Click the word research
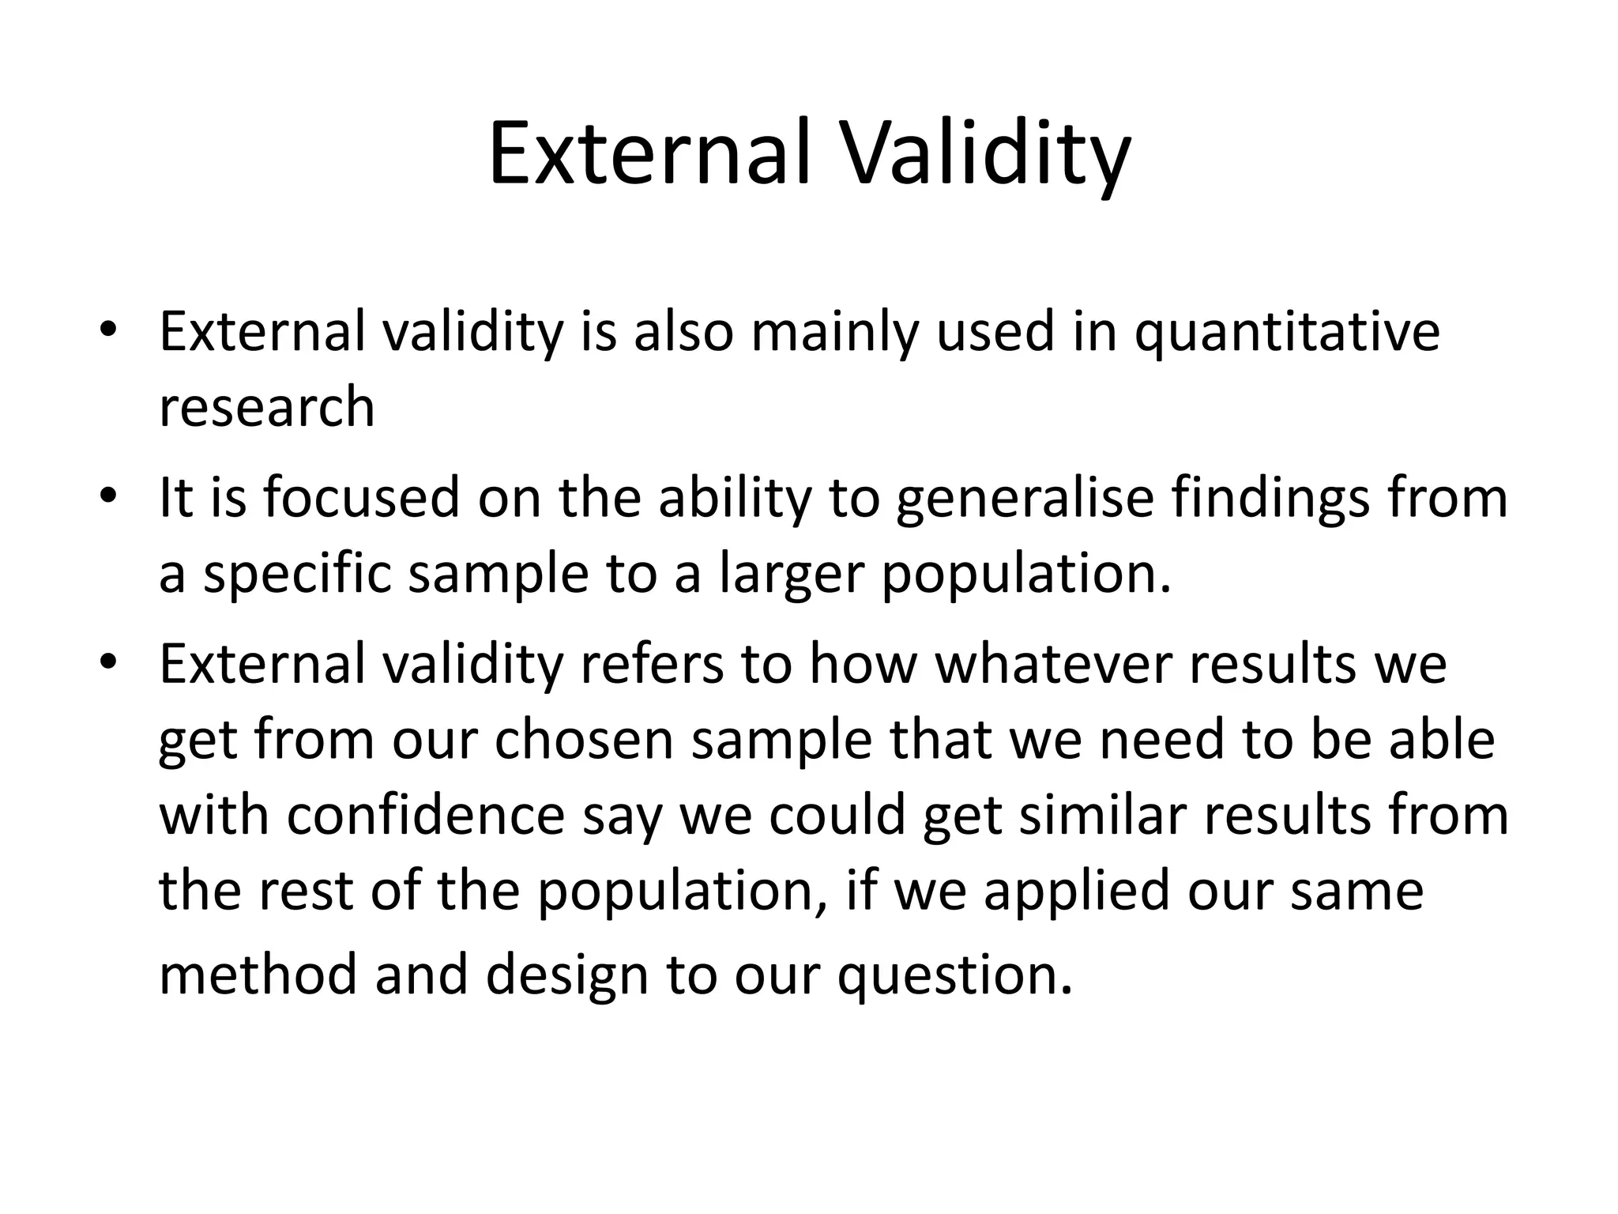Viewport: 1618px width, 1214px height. pyautogui.click(x=267, y=408)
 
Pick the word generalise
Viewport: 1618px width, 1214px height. pyautogui.click(x=1024, y=500)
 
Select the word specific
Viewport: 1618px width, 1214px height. pyautogui.click(x=297, y=575)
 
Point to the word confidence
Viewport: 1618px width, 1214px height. pyautogui.click(x=425, y=816)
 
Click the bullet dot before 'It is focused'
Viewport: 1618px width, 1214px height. pyautogui.click(x=109, y=498)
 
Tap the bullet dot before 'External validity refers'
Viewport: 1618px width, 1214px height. pyautogui.click(x=109, y=662)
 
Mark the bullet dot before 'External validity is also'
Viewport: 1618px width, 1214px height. pyautogui.click(x=109, y=330)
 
